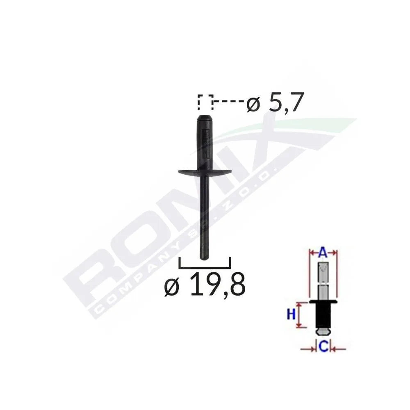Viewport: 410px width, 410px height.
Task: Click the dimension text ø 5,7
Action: tap(275, 105)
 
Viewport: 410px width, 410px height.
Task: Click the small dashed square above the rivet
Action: tap(205, 102)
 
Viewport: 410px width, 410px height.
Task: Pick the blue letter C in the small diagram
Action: tap(323, 348)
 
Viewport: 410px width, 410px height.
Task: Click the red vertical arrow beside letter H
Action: tap(301, 315)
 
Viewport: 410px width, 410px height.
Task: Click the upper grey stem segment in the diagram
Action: tap(323, 273)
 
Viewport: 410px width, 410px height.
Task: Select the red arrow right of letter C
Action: tap(339, 348)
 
